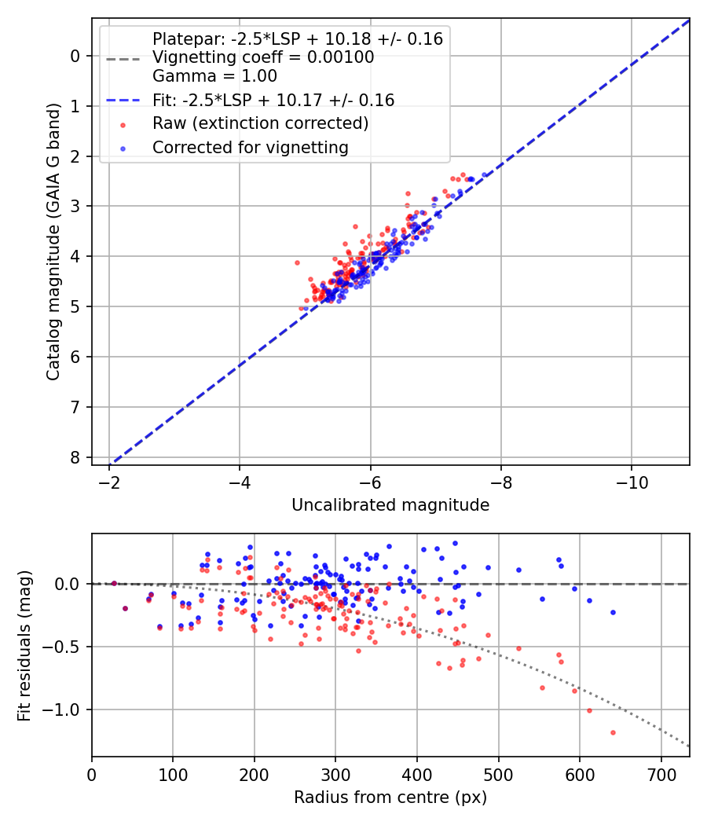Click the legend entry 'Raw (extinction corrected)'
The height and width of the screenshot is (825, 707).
(x=260, y=123)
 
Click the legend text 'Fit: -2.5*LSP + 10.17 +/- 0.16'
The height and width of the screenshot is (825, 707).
(x=273, y=100)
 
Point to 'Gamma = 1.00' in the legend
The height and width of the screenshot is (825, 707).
(x=214, y=76)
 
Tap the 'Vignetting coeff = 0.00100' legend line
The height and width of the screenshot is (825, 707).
(x=263, y=57)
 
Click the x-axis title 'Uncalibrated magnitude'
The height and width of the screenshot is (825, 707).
(x=390, y=505)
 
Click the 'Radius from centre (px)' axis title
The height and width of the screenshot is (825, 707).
(x=390, y=797)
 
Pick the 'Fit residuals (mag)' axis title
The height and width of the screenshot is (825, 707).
(x=24, y=646)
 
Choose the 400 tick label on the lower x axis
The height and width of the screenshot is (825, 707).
(x=417, y=775)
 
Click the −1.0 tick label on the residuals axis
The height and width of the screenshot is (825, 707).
(x=64, y=709)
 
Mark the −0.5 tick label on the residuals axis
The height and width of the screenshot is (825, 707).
(x=64, y=647)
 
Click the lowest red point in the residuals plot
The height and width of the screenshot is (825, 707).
(x=613, y=732)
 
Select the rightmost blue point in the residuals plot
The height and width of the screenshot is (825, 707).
(x=613, y=612)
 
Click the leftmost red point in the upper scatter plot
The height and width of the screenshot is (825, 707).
(x=297, y=262)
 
